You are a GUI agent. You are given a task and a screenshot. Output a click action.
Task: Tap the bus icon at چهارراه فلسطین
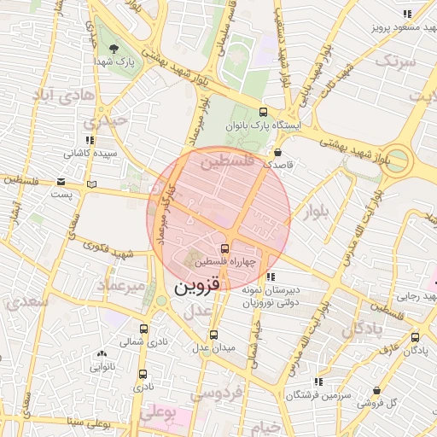click(x=224, y=248)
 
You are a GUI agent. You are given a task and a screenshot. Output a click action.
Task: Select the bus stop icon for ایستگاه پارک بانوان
click(x=263, y=112)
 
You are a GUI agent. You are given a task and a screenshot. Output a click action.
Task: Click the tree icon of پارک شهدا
click(x=113, y=48)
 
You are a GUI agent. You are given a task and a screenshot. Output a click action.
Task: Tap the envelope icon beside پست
click(x=61, y=181)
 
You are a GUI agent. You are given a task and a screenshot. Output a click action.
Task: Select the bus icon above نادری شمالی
click(x=143, y=328)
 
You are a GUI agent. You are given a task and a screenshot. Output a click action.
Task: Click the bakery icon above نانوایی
click(x=102, y=353)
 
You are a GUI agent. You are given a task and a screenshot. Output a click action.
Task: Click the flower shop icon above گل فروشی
click(x=376, y=391)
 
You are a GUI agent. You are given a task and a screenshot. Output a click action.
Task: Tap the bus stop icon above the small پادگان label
click(x=415, y=337)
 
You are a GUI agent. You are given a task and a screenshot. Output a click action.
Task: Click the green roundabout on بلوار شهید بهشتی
click(x=394, y=160)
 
